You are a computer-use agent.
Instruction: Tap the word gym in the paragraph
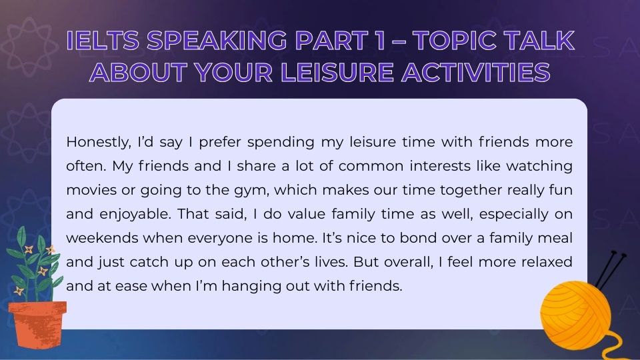pos(264,190)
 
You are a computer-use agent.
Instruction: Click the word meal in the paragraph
pos(557,238)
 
